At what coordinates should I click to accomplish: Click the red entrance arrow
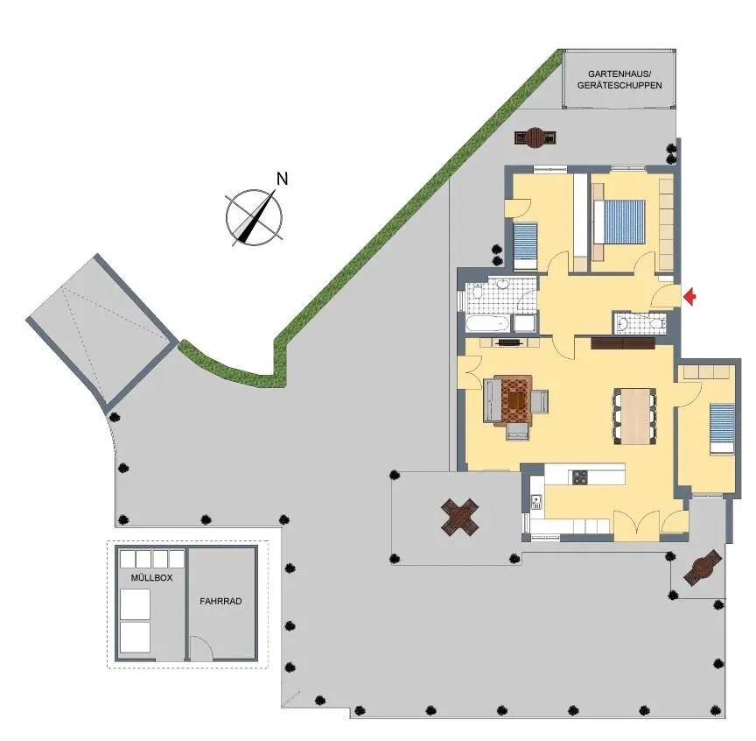point(690,297)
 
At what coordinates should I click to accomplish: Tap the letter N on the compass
point(282,179)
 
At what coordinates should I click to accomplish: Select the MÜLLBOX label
point(151,577)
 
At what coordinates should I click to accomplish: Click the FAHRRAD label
point(220,601)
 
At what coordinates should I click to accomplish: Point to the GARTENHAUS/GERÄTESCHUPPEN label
point(619,80)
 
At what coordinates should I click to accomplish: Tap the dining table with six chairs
point(635,416)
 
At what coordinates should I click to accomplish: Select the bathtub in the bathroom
point(487,323)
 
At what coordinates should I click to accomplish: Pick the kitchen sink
point(536,502)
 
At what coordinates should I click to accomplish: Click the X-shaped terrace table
point(460,518)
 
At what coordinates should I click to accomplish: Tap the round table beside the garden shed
point(535,138)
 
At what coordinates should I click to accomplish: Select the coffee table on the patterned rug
point(516,399)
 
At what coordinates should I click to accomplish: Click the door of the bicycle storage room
point(200,648)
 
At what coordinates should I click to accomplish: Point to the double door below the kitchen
point(636,526)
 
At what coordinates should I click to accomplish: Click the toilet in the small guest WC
point(656,323)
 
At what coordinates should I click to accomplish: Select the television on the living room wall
point(509,342)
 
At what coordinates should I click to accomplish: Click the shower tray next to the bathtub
point(524,323)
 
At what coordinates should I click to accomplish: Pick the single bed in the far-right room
point(722,428)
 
